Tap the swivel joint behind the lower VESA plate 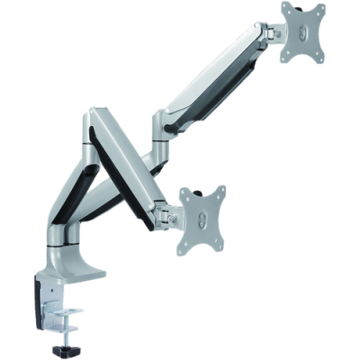point(167,212)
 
